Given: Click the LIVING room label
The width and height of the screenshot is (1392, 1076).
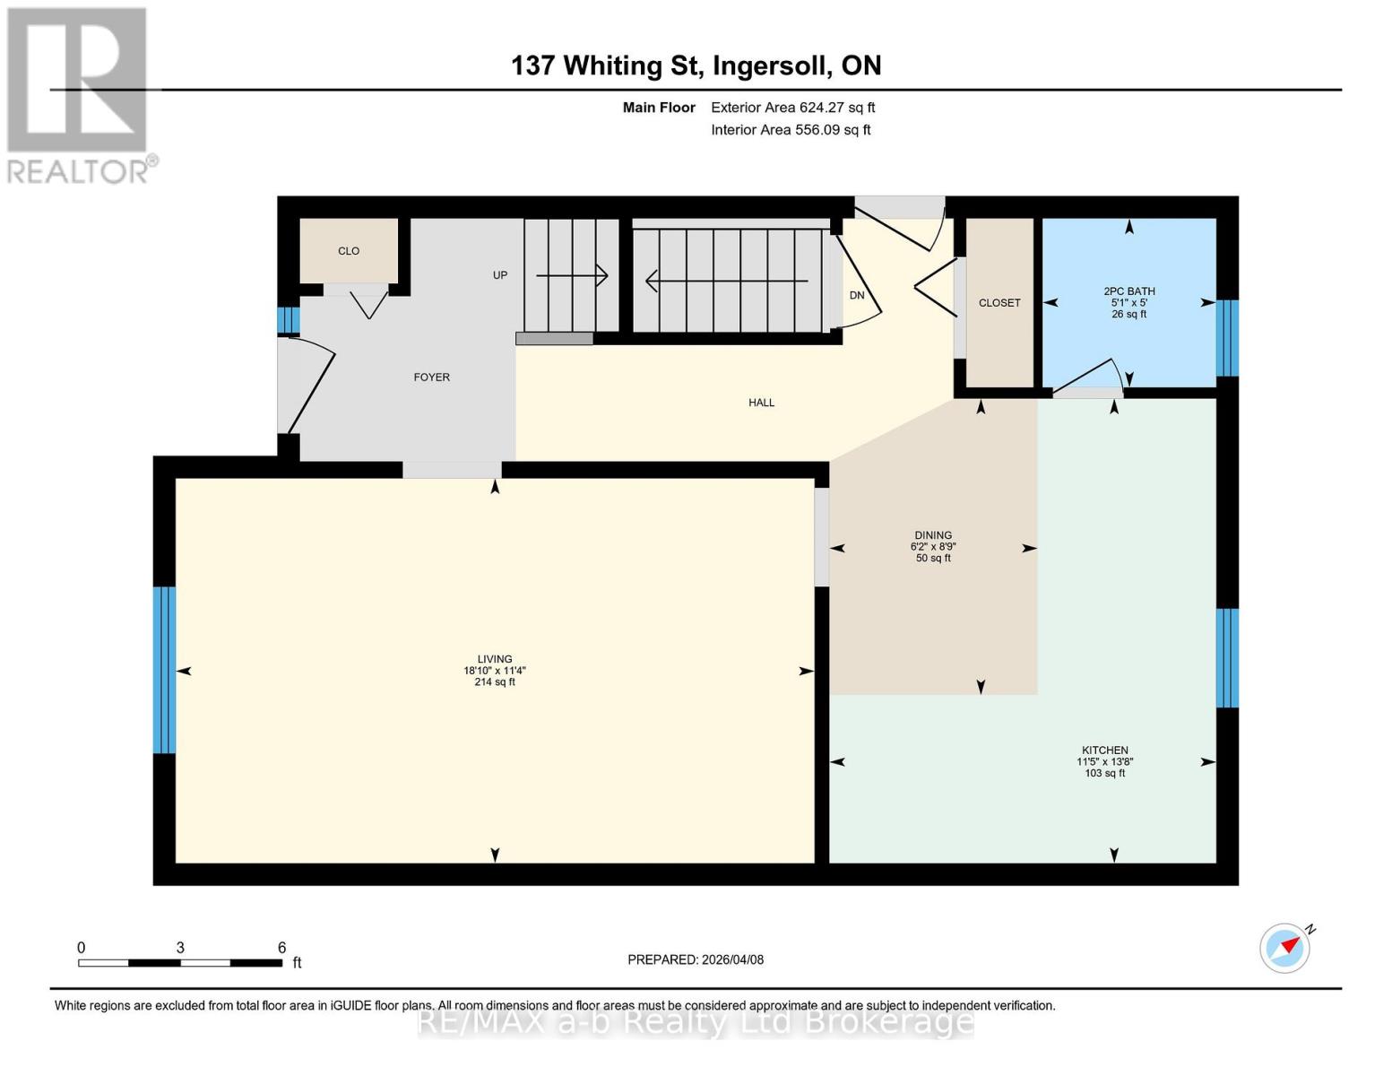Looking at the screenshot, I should [494, 659].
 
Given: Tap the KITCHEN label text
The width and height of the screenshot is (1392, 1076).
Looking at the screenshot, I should [1104, 751].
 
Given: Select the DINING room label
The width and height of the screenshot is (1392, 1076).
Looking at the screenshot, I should [933, 535].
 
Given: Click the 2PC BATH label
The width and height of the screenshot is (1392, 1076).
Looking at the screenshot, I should [1128, 291].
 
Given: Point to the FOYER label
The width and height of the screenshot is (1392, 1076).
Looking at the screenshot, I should [431, 377].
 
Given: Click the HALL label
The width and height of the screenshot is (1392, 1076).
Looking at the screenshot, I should [761, 403].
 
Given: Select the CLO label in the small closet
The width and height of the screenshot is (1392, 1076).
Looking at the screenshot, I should [349, 251].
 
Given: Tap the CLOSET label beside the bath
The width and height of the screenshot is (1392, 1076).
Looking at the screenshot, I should [999, 303].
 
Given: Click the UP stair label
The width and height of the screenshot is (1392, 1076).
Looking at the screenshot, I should [500, 275].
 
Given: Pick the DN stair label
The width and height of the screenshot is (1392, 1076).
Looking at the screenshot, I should [857, 295].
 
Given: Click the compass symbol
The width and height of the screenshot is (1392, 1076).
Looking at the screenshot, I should [1285, 948].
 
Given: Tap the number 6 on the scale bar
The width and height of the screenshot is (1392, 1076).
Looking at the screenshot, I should [281, 948].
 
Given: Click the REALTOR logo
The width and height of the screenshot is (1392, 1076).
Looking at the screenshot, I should [79, 94].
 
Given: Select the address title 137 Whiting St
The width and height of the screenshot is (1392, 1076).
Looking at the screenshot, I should [696, 65].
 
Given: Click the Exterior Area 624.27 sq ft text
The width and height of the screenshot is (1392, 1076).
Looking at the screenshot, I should [792, 108].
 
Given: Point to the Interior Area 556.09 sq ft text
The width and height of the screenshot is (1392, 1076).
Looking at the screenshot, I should [791, 130].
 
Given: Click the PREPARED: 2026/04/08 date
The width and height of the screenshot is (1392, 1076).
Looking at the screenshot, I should [696, 959].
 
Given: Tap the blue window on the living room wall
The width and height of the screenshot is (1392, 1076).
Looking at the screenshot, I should [163, 670].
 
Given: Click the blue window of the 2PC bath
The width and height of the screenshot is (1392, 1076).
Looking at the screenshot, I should [1227, 338].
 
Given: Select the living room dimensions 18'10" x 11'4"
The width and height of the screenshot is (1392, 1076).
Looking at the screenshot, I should [494, 671].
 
